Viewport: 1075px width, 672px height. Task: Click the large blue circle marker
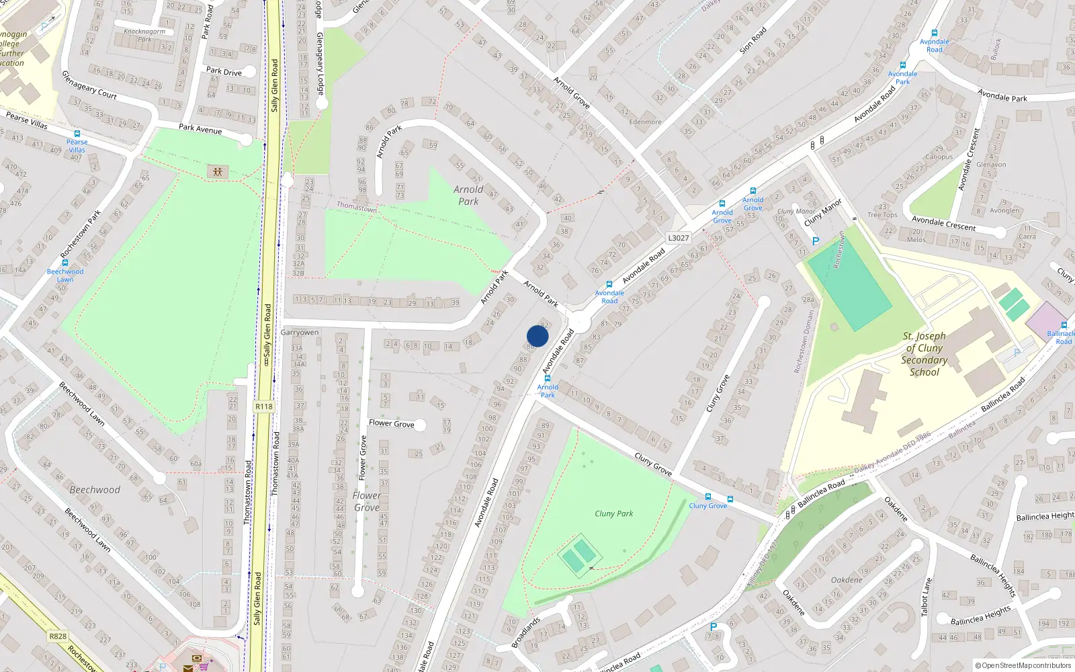pyautogui.click(x=537, y=336)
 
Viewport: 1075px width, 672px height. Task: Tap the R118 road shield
pyautogui.click(x=264, y=407)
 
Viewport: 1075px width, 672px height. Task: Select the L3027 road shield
pyautogui.click(x=679, y=238)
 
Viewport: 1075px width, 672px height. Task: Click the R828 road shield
pyautogui.click(x=58, y=636)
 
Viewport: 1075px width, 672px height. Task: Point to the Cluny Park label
pyautogui.click(x=613, y=513)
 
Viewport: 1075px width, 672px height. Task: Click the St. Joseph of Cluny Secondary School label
pyautogui.click(x=924, y=353)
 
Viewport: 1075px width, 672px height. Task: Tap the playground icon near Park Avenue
pyautogui.click(x=218, y=171)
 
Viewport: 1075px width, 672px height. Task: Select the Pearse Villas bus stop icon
pyautogui.click(x=77, y=134)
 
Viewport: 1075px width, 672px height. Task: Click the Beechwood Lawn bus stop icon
pyautogui.click(x=65, y=263)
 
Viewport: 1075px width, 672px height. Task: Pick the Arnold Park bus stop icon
pyautogui.click(x=548, y=378)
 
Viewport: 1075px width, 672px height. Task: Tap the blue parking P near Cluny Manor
pyautogui.click(x=816, y=241)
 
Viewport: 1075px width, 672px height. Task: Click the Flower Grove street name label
pyautogui.click(x=391, y=423)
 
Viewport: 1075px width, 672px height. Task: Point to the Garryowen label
pyautogui.click(x=300, y=333)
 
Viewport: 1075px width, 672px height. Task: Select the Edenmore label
pyautogui.click(x=645, y=122)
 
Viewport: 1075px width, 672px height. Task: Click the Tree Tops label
pyautogui.click(x=882, y=215)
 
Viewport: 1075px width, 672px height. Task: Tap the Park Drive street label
pyautogui.click(x=224, y=71)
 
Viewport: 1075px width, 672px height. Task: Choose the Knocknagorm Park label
pyautogui.click(x=144, y=35)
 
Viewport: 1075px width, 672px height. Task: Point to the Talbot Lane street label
pyautogui.click(x=927, y=597)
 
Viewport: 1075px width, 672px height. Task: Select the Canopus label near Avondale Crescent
pyautogui.click(x=939, y=157)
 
